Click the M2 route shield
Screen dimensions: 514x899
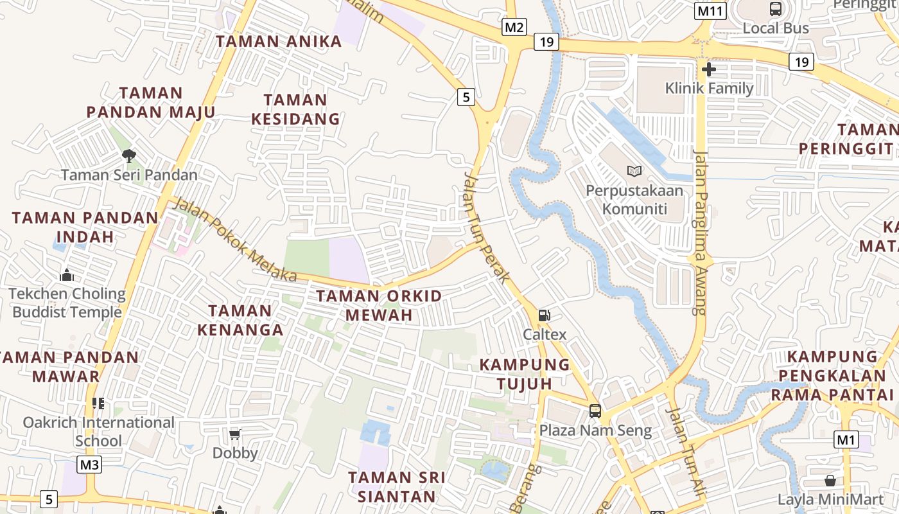tap(514, 27)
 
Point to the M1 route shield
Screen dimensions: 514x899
tap(846, 439)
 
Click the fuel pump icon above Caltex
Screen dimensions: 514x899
tap(544, 315)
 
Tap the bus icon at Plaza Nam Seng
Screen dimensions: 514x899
tap(595, 411)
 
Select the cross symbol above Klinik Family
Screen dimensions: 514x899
tap(709, 69)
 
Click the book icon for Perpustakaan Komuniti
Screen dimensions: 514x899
tap(634, 171)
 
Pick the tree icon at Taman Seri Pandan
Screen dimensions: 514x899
tap(129, 155)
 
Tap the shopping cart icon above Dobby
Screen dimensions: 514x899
tap(235, 435)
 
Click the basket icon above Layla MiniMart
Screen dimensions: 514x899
tap(830, 481)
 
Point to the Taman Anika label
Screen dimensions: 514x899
tap(279, 42)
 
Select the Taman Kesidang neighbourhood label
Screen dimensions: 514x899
tap(295, 109)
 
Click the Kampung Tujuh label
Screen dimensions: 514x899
tap(525, 374)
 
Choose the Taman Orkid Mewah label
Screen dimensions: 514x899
tap(379, 305)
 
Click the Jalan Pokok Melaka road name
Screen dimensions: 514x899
tap(235, 240)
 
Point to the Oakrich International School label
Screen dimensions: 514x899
tap(98, 431)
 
